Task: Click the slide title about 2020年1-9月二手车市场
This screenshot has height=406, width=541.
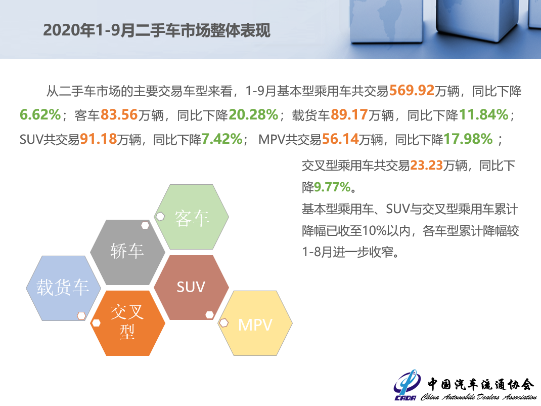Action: click(x=157, y=30)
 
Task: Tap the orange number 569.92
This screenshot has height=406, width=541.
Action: click(x=412, y=91)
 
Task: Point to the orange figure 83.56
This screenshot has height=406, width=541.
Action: click(x=119, y=115)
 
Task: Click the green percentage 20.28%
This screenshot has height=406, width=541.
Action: click(x=253, y=115)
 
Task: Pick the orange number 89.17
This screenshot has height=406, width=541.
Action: click(x=349, y=115)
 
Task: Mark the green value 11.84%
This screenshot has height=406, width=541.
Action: click(x=483, y=115)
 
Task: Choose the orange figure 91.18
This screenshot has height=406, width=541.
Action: click(x=98, y=139)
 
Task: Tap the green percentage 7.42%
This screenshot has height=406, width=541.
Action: click(x=222, y=139)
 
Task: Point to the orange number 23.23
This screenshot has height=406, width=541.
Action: click(x=426, y=165)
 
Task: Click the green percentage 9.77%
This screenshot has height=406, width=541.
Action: click(x=332, y=187)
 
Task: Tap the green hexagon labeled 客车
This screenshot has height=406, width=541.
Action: click(x=192, y=218)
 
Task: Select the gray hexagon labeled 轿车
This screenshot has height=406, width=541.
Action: click(x=127, y=252)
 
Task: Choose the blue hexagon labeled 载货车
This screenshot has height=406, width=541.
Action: click(x=63, y=288)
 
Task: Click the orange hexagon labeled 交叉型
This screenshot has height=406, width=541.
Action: click(x=127, y=322)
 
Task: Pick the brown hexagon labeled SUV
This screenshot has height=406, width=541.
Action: click(x=191, y=287)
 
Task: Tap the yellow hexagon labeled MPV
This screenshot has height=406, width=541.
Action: click(x=255, y=324)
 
